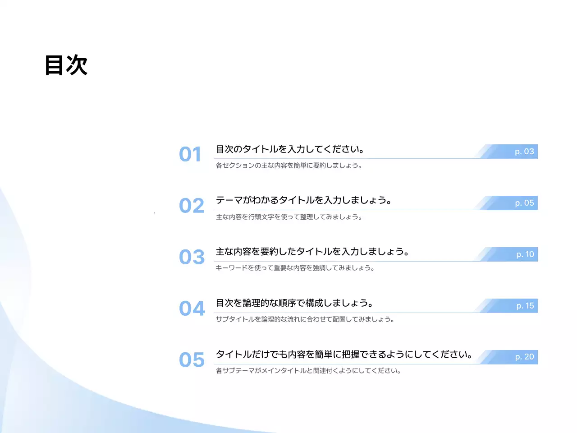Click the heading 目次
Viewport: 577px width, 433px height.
click(x=66, y=65)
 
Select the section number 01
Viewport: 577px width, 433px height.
click(x=190, y=154)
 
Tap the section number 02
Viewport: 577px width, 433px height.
click(x=192, y=206)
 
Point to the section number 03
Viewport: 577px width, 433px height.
click(x=192, y=257)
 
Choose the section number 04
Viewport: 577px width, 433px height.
click(x=192, y=309)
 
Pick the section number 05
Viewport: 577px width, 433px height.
click(x=192, y=360)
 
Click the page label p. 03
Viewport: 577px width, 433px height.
click(x=524, y=152)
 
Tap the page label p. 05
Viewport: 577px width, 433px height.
click(x=524, y=203)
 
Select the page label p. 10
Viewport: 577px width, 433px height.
click(x=525, y=254)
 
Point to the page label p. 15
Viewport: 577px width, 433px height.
click(x=525, y=306)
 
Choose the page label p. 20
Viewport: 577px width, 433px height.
click(x=524, y=357)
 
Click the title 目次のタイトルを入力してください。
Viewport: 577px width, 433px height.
click(x=290, y=149)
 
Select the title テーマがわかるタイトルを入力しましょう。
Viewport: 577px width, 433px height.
click(x=303, y=200)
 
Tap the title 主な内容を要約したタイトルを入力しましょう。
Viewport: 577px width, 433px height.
click(x=312, y=251)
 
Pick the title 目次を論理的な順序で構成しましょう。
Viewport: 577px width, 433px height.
click(x=294, y=303)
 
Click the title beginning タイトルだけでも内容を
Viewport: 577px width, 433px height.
click(x=344, y=354)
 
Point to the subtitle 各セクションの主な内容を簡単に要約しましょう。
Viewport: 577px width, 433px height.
click(x=289, y=166)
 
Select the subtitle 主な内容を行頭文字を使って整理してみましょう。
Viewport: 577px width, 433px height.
click(x=289, y=217)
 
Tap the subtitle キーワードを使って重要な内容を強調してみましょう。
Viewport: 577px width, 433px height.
click(x=295, y=268)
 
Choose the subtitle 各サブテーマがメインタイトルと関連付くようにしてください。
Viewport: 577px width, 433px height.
click(x=308, y=371)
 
